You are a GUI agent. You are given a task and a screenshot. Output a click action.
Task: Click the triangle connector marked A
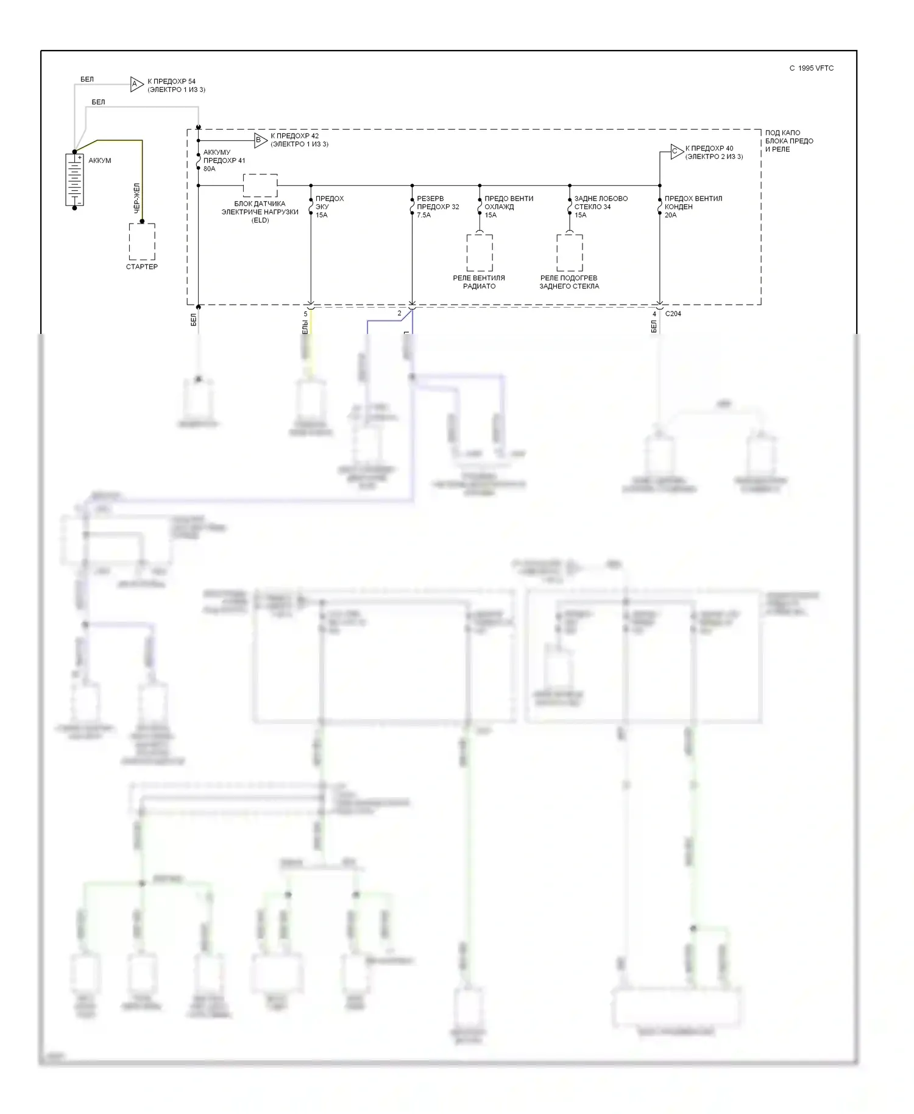pyautogui.click(x=136, y=84)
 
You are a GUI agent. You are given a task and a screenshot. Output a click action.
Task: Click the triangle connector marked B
pyautogui.click(x=260, y=140)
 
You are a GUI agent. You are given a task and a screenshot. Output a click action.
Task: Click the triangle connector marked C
pyautogui.click(x=676, y=152)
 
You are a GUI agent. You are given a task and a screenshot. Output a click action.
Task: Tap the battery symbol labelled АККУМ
pyautogui.click(x=74, y=180)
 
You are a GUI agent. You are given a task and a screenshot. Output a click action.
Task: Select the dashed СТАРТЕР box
pyautogui.click(x=142, y=241)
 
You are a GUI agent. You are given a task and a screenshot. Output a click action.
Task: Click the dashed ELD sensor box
pyautogui.click(x=260, y=185)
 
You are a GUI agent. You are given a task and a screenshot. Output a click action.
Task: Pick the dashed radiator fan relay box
pyautogui.click(x=480, y=252)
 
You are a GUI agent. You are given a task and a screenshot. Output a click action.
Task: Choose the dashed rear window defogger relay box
pyautogui.click(x=569, y=252)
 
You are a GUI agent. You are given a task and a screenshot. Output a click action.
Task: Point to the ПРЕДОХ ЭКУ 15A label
pyautogui.click(x=329, y=207)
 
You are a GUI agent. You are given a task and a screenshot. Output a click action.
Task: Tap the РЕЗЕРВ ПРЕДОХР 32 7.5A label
pyautogui.click(x=438, y=207)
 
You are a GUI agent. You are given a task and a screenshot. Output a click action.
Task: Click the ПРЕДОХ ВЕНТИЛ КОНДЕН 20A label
pyautogui.click(x=693, y=207)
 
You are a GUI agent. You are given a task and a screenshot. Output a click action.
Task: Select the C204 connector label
pyautogui.click(x=673, y=314)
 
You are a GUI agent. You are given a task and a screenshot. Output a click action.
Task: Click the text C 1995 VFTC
pyautogui.click(x=811, y=68)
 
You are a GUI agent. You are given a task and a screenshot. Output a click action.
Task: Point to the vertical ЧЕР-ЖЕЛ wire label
pyautogui.click(x=137, y=197)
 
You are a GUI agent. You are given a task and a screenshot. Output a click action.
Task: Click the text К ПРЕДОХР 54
pyautogui.click(x=171, y=81)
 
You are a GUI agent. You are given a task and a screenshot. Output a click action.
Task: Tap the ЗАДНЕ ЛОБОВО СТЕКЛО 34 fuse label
pyautogui.click(x=600, y=207)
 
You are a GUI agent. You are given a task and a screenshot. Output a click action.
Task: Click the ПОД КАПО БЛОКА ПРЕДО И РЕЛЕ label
pyautogui.click(x=789, y=141)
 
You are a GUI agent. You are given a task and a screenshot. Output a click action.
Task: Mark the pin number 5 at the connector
pyautogui.click(x=305, y=314)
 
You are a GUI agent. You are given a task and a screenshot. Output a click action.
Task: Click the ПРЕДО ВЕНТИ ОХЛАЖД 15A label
pyautogui.click(x=508, y=207)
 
